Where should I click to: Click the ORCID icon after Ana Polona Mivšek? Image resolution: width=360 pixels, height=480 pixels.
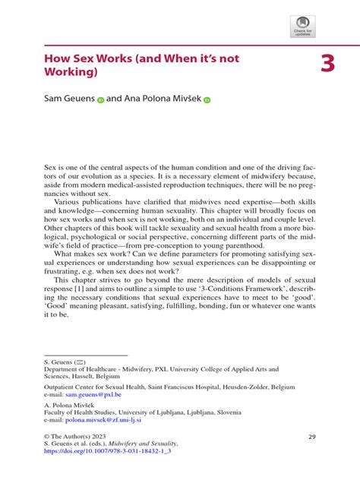tap(207, 99)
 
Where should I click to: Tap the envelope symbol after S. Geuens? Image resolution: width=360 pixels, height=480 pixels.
tap(90, 363)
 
